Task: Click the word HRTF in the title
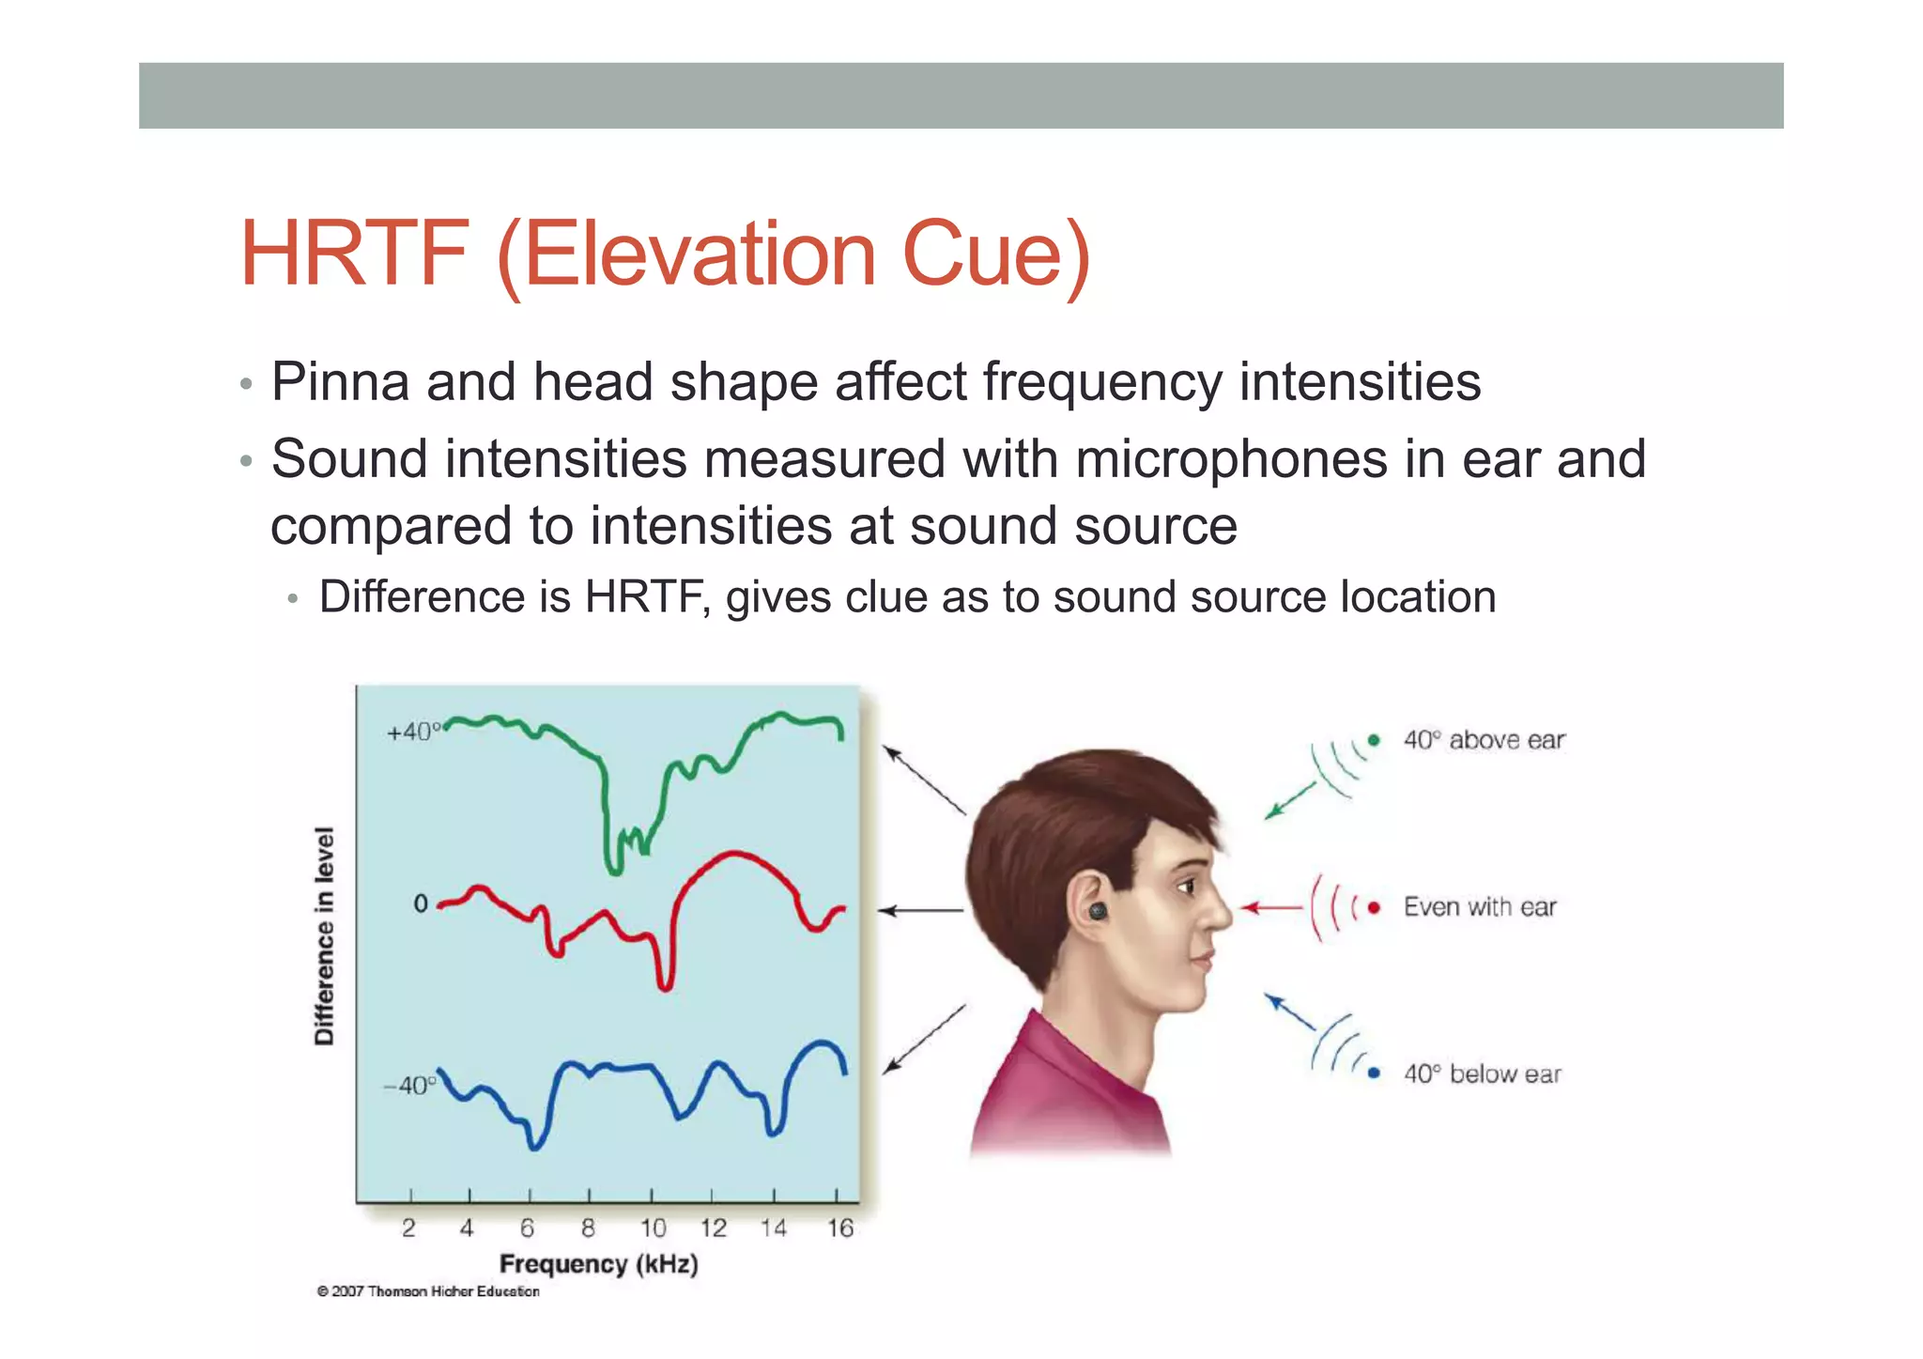(x=353, y=254)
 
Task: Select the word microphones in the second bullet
(x=1231, y=459)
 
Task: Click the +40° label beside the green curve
(x=412, y=732)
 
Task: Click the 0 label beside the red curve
(x=420, y=903)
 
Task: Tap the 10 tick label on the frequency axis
(x=653, y=1228)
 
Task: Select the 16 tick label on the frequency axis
(x=839, y=1228)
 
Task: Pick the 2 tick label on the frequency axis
(x=408, y=1228)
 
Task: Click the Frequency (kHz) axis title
(x=598, y=1264)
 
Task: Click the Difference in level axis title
(x=324, y=935)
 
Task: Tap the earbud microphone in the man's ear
(x=1098, y=911)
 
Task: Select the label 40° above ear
(x=1484, y=740)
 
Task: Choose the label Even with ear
(x=1479, y=907)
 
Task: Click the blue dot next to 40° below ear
(x=1374, y=1073)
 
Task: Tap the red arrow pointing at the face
(x=1270, y=907)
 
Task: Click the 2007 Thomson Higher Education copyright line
(x=428, y=1291)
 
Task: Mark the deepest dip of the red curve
(x=665, y=986)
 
